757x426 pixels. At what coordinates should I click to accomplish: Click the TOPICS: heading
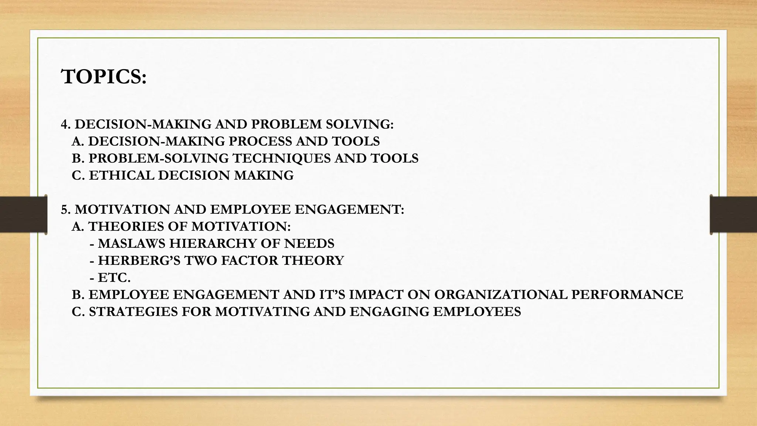pos(104,77)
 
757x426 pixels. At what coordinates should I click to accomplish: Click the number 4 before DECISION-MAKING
pos(65,125)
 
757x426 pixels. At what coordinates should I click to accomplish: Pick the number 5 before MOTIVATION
pos(65,210)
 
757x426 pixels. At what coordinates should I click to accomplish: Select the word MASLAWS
pos(131,243)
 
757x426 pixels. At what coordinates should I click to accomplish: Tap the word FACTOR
pos(250,260)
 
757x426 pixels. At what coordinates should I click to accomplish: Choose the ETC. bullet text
pos(114,277)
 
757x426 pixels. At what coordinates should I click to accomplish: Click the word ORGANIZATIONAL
pos(500,294)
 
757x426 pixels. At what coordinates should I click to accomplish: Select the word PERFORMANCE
pos(627,294)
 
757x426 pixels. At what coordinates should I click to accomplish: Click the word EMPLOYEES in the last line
pos(477,311)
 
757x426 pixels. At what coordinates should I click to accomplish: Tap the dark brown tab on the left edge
pos(23,214)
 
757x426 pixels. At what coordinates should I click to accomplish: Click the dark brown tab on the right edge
pos(733,214)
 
